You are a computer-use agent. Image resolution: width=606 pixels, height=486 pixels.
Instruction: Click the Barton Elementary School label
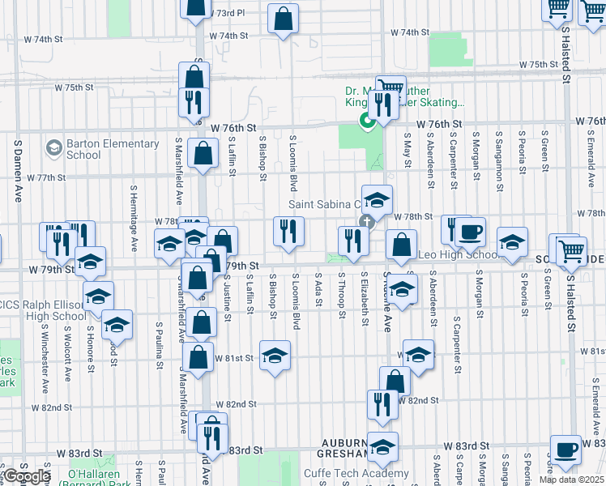coord(113,149)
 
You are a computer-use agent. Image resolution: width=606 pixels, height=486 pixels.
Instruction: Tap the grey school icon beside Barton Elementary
coord(54,148)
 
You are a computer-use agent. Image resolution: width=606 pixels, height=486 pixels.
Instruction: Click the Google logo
coord(27,476)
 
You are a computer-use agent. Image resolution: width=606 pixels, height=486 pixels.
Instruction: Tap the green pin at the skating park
coord(366,122)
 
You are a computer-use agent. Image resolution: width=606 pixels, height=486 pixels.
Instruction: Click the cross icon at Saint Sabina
coord(366,221)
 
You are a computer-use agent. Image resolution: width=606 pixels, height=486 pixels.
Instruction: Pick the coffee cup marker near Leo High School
coord(469,232)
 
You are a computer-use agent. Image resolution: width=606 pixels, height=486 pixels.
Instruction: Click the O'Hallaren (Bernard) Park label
coord(88,474)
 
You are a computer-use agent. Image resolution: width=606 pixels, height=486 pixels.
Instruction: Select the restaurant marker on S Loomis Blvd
coord(288,232)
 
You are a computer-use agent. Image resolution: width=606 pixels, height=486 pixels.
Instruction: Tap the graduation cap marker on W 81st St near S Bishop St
coord(275,356)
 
